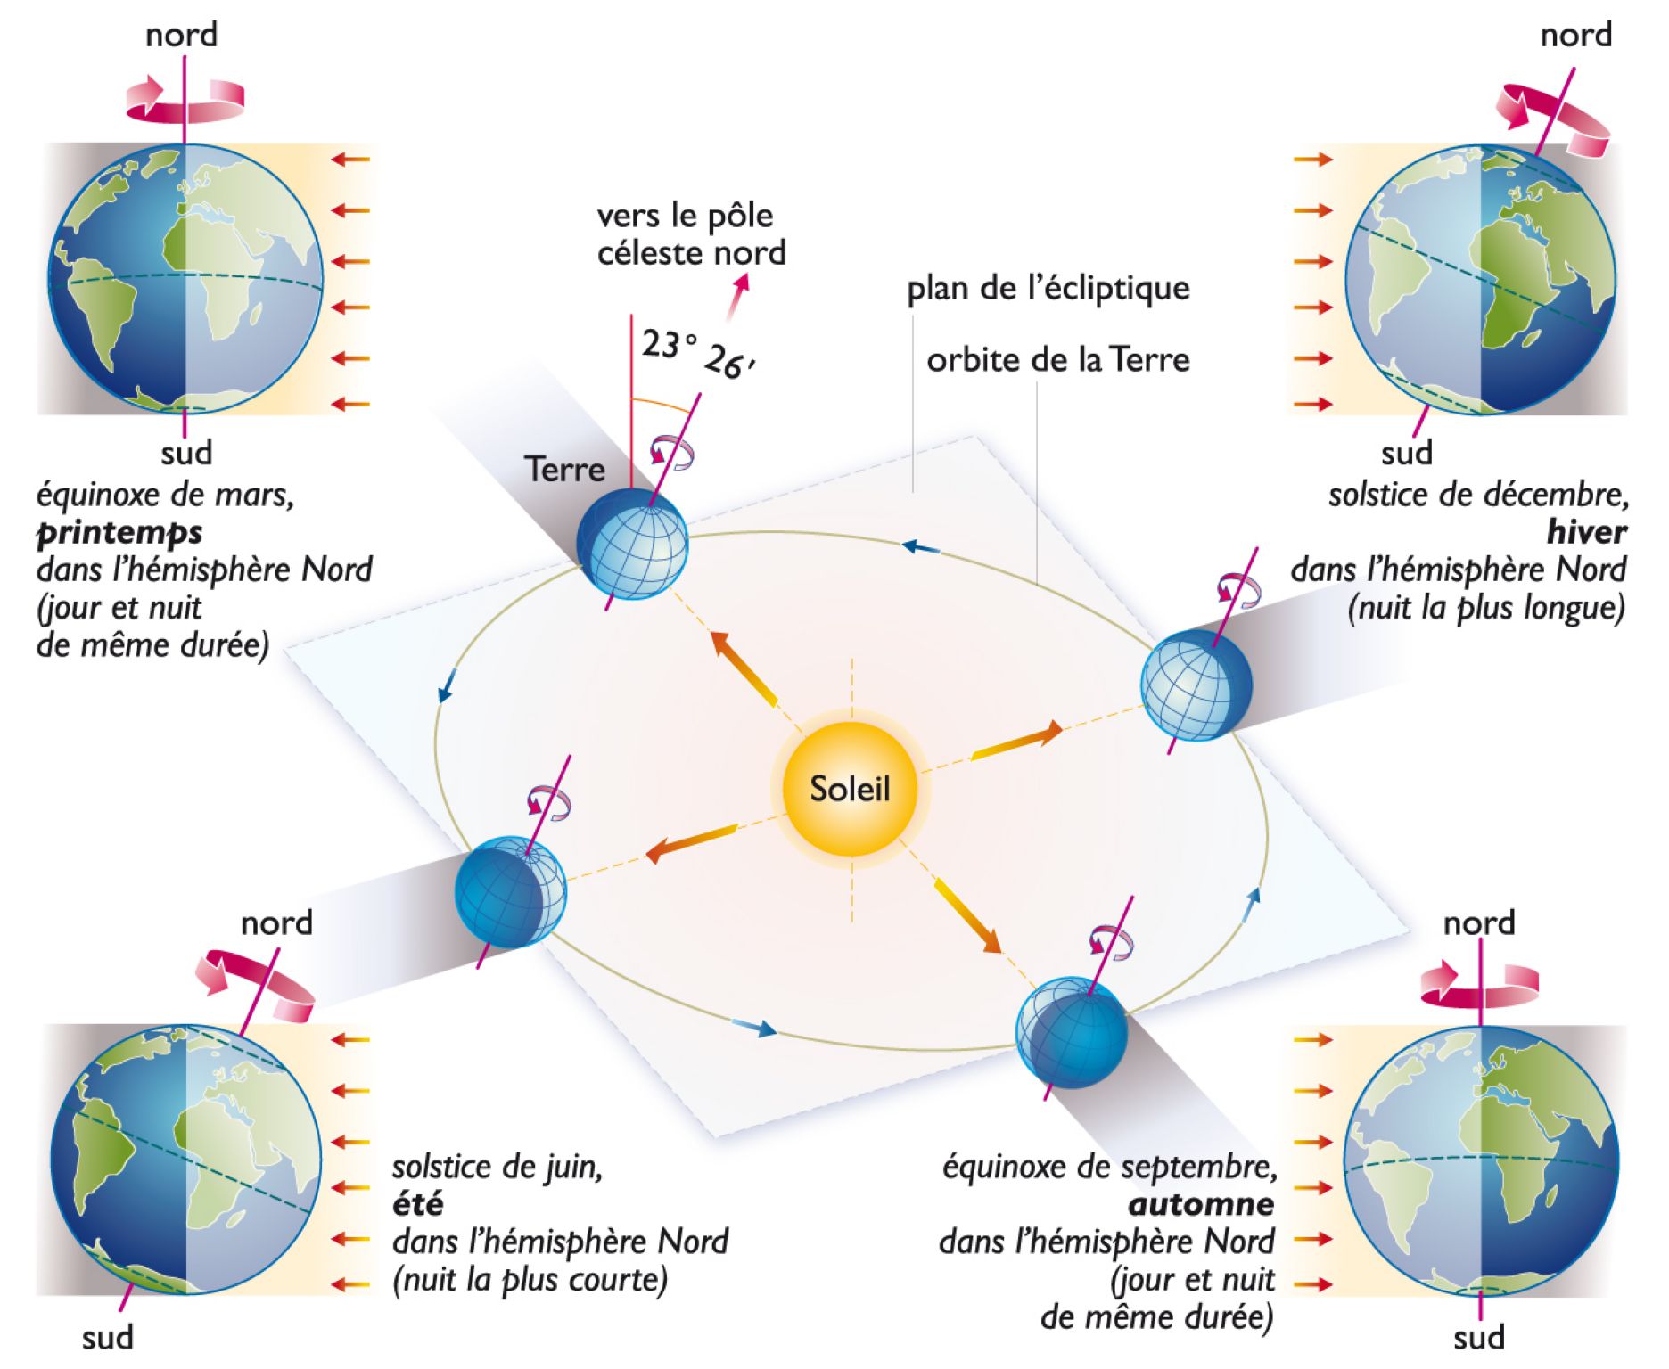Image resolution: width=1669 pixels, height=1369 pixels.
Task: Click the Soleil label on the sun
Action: point(849,789)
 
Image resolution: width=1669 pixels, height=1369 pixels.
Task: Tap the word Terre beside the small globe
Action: point(564,469)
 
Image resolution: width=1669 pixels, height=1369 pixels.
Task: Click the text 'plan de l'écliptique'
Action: point(1048,289)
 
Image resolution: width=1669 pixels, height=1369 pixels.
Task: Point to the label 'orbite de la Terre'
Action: point(1057,360)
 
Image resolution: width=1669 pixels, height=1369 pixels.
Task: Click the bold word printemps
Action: point(119,532)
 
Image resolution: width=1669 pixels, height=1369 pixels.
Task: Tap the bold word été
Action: point(417,1204)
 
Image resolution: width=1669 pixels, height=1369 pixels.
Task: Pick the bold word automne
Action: point(1201,1204)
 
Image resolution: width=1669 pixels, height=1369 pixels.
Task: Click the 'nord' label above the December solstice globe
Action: point(1575,36)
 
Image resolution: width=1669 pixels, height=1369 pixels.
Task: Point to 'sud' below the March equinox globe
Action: point(186,453)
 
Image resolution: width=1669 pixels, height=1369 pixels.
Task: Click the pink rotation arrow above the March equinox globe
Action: point(185,99)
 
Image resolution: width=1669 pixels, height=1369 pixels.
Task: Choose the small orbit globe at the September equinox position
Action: point(1072,1033)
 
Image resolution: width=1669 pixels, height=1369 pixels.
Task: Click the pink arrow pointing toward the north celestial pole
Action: point(737,296)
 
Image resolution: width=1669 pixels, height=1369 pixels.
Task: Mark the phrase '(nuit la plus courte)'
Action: point(530,1280)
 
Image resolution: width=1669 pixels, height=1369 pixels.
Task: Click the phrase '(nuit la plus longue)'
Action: point(1486,607)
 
